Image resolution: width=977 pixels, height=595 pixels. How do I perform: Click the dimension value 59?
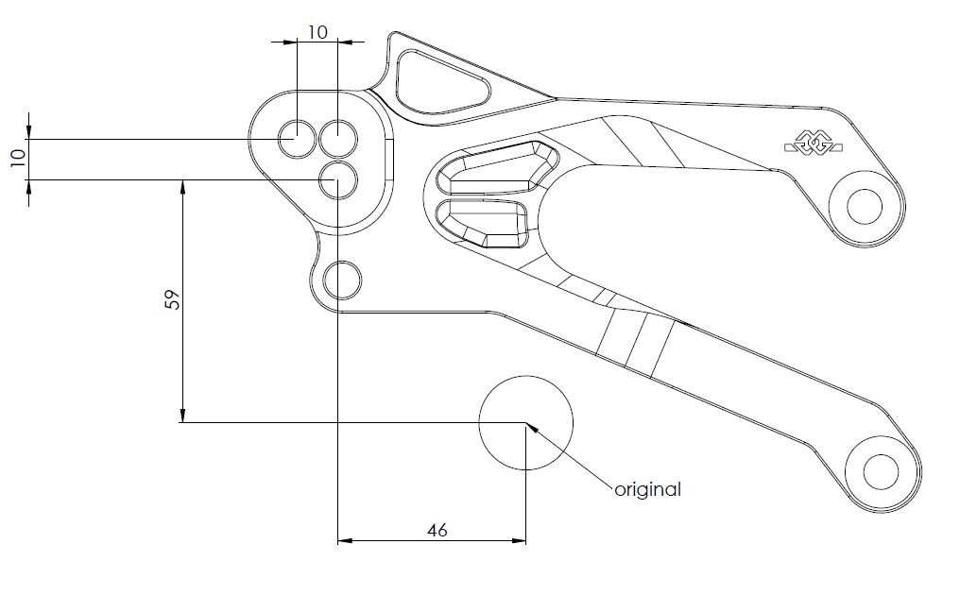(172, 300)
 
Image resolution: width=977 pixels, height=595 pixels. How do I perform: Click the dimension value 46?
(437, 530)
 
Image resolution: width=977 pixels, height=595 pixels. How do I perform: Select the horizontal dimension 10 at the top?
(317, 32)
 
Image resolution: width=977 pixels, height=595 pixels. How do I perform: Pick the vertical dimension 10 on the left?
(17, 158)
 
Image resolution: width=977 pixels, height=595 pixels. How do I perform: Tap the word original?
(647, 489)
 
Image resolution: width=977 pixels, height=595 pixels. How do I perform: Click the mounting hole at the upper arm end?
(863, 204)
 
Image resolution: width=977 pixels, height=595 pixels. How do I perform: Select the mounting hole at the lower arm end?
(882, 469)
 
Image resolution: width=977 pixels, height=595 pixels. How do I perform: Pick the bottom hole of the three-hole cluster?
(337, 178)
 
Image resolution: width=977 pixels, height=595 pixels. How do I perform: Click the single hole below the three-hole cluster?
(342, 280)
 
